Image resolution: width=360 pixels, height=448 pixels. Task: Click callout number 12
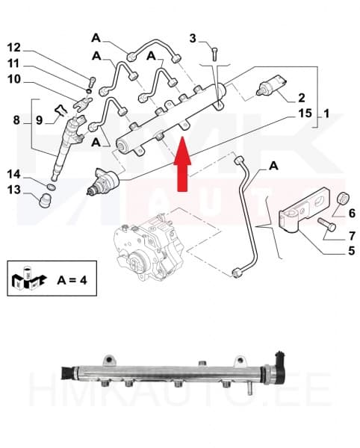(14, 47)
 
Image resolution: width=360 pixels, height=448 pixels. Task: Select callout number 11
(14, 63)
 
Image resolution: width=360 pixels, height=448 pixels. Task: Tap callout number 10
(14, 79)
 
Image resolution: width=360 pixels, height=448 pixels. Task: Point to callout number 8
(16, 119)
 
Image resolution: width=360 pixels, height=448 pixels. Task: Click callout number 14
(14, 174)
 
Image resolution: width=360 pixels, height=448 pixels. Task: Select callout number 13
(14, 190)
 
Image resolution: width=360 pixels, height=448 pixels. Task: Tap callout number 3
(193, 38)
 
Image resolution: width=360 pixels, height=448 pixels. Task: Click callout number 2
(301, 98)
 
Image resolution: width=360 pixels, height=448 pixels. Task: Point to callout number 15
(304, 113)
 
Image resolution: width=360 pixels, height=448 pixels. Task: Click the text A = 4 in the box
(72, 281)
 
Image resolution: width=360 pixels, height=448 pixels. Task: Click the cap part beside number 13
(45, 199)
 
